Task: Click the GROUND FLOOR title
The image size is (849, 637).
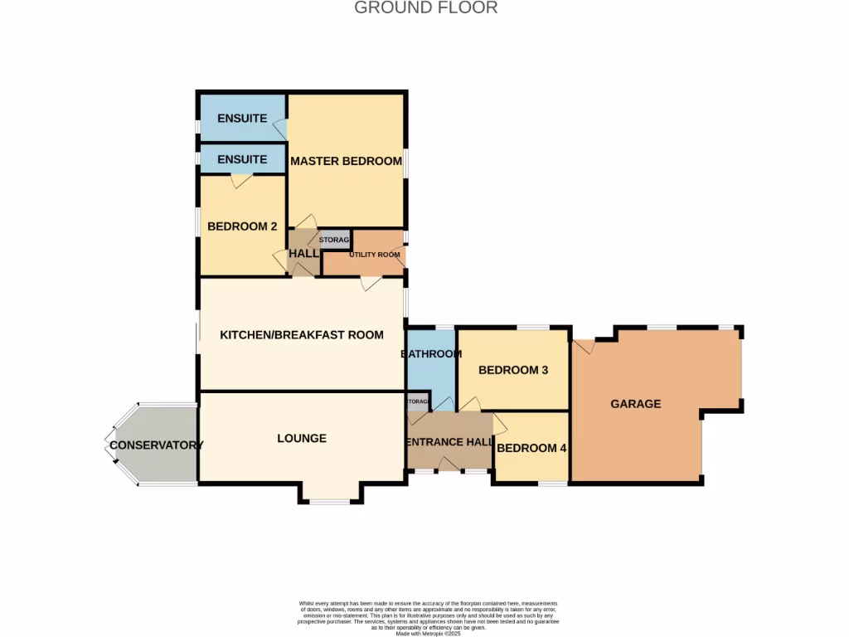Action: point(425,8)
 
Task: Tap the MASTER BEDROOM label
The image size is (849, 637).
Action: point(346,161)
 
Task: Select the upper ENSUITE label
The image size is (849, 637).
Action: point(242,119)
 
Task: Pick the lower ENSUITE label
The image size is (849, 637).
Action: point(242,159)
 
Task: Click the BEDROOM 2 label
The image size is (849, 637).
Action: point(242,226)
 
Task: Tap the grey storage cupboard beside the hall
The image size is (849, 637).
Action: point(335,240)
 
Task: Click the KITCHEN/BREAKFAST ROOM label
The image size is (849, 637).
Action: point(302,335)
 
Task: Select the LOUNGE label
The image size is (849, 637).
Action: point(302,438)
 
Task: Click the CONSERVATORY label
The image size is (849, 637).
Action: point(156,445)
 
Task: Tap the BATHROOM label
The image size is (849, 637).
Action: point(431,354)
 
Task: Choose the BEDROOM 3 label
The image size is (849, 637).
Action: point(513,370)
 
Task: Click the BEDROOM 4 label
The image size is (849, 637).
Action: point(531,448)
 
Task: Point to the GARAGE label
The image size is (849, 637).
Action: point(636,404)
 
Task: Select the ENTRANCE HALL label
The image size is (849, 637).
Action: point(449,442)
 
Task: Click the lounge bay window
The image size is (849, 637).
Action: point(330,500)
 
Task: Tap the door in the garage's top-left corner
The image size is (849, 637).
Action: point(585,346)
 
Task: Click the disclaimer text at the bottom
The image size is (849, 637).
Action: point(427,618)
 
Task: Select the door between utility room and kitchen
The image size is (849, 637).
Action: point(371,284)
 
